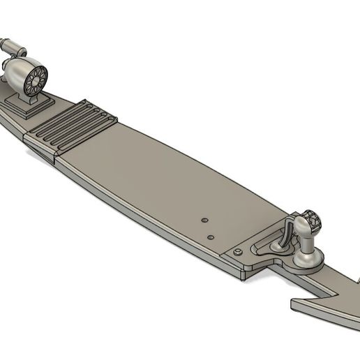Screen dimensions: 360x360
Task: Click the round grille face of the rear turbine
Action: [35, 81]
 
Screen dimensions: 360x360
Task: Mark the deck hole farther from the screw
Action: [204, 219]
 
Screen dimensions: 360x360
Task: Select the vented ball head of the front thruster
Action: [312, 221]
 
